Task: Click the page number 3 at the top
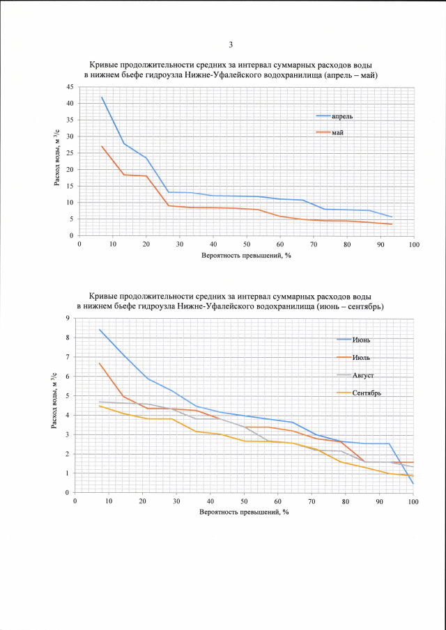point(230,45)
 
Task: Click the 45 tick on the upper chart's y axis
point(70,87)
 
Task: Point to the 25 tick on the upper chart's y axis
point(70,153)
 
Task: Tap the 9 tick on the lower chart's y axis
point(68,318)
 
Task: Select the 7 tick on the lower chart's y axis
point(68,357)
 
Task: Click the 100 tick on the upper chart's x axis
point(414,245)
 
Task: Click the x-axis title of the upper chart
point(247,256)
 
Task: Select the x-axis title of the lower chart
point(244,512)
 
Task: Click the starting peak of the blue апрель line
point(102,97)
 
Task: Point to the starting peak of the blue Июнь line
point(100,329)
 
